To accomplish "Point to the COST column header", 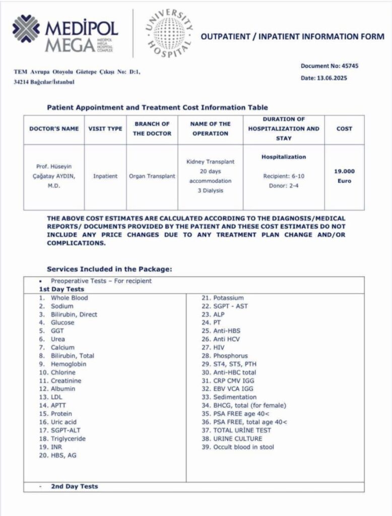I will click(x=344, y=128).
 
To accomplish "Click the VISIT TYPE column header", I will click(x=105, y=128).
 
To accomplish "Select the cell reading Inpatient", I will click(x=105, y=176).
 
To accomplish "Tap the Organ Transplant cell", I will click(x=152, y=176).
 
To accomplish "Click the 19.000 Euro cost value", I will click(x=344, y=176).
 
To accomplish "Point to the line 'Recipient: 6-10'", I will click(x=284, y=176).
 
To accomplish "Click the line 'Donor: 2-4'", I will click(x=284, y=185).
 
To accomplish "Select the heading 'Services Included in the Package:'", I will click(x=109, y=269).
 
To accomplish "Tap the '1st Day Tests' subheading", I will click(x=61, y=289).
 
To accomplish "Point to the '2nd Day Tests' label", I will click(x=74, y=486).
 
